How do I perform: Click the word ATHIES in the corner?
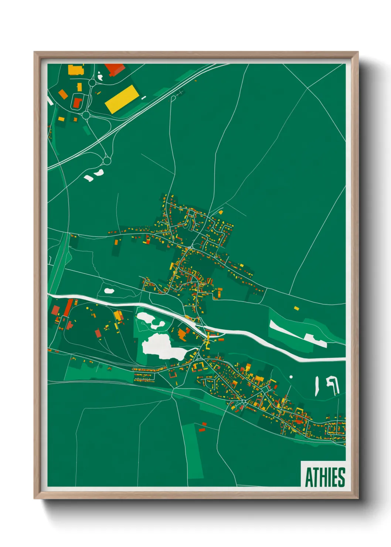[x=325, y=477]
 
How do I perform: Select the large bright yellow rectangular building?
[x=122, y=99]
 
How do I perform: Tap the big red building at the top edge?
[x=115, y=69]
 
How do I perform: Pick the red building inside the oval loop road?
[x=77, y=103]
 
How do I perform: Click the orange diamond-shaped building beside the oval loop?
[x=63, y=94]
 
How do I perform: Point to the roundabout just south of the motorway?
[x=107, y=161]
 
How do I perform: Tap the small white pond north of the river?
[x=109, y=291]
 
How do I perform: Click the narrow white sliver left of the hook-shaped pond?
[x=317, y=386]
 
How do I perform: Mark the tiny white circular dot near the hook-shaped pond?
[x=291, y=377]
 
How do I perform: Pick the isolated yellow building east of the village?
[x=296, y=308]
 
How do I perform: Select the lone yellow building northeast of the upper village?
[x=221, y=212]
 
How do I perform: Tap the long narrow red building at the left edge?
[x=68, y=308]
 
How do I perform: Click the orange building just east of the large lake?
[x=182, y=334]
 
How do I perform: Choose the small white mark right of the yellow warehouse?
[x=143, y=98]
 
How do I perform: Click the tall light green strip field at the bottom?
[x=192, y=451]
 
